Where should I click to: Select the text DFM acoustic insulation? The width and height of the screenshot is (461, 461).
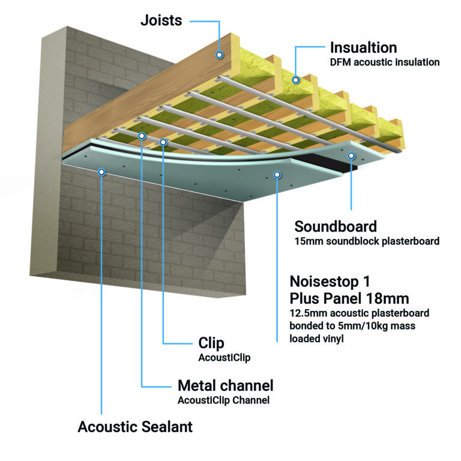(x=385, y=62)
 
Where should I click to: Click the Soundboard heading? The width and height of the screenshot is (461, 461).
(x=336, y=226)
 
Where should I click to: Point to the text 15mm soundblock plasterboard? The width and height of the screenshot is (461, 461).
(x=367, y=241)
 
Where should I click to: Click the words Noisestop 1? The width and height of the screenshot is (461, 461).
(x=331, y=282)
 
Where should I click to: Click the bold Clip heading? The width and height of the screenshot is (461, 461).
(x=211, y=343)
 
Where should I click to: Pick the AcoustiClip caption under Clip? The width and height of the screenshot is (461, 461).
(x=223, y=358)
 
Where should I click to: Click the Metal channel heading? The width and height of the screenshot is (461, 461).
(x=225, y=385)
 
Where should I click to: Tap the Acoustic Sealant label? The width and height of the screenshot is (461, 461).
(x=135, y=427)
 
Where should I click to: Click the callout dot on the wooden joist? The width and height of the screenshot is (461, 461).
(x=220, y=55)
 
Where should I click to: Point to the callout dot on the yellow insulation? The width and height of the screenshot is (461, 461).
(x=295, y=79)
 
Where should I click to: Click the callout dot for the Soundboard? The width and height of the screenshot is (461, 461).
(x=352, y=155)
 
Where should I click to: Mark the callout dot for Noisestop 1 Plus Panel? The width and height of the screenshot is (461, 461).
(x=277, y=175)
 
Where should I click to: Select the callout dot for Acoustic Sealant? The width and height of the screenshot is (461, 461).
(x=102, y=172)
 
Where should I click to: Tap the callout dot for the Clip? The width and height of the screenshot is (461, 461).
(x=163, y=142)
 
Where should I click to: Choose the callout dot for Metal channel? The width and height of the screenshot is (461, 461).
(x=142, y=136)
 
